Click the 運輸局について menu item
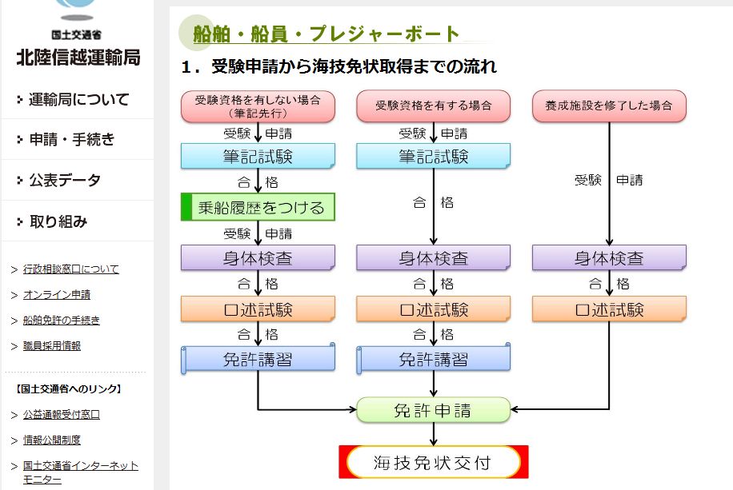78,100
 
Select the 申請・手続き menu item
72,140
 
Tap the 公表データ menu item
65,181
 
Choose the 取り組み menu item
58,222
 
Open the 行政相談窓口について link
70,269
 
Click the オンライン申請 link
56,295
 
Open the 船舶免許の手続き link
61,321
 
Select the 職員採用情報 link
51,346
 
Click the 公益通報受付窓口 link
61,415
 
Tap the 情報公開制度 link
51,440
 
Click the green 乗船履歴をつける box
258,208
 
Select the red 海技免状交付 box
434,462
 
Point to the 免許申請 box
433,411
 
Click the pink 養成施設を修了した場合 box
609,106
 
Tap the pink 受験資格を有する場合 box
433,106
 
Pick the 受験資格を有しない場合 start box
258,106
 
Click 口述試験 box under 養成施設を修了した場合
609,309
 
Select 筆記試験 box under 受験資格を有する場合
433,157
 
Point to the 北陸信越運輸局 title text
78,58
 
